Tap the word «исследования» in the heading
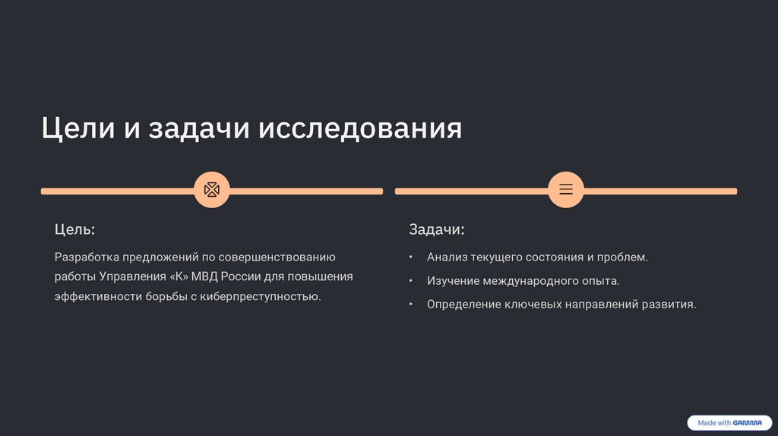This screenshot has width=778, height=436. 361,128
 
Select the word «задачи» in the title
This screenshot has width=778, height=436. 199,128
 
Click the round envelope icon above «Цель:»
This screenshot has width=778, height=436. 212,190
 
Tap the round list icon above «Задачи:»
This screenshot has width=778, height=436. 566,190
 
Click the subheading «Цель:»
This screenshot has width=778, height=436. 74,229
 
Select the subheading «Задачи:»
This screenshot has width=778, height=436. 436,229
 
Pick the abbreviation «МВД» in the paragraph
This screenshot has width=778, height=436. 204,276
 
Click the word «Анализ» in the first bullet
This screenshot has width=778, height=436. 446,257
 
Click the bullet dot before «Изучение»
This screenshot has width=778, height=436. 411,281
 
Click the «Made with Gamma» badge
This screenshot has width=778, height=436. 729,422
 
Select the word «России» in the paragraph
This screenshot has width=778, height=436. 242,276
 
